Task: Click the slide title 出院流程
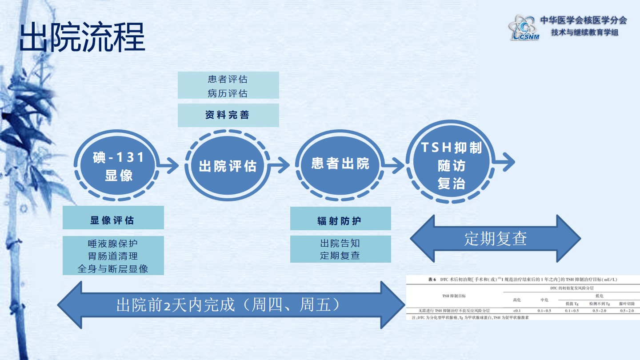tap(82, 38)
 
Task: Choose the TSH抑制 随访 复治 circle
tap(451, 165)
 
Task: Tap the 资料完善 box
tap(228, 115)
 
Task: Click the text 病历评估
tap(228, 93)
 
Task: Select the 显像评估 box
tap(113, 220)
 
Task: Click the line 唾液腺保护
tap(113, 244)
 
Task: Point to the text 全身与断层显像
tap(113, 268)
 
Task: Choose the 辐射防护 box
tap(340, 221)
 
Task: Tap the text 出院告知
tap(340, 244)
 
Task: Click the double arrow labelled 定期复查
tap(495, 239)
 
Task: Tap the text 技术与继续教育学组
tap(584, 32)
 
